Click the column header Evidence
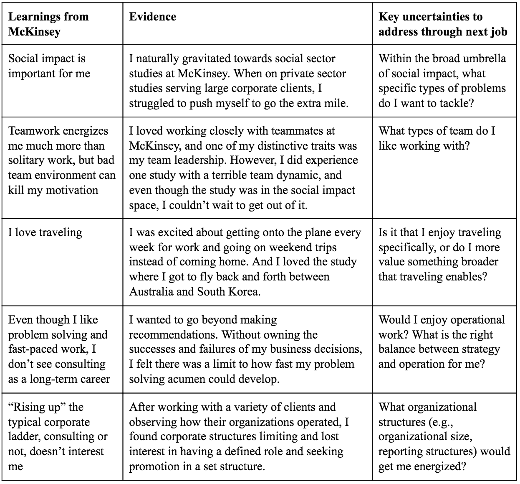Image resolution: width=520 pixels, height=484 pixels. (x=152, y=17)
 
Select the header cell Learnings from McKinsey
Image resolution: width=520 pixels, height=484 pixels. (x=48, y=24)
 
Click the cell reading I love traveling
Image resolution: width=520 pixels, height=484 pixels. (x=45, y=232)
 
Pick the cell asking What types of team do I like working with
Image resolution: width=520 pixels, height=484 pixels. (x=437, y=138)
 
